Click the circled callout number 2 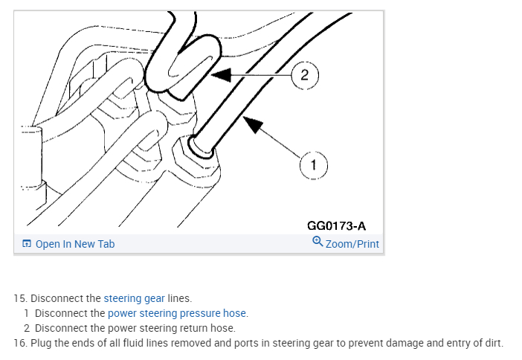pos(305,74)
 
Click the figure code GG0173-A pos(336,225)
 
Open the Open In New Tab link pos(75,244)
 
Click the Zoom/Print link pos(352,244)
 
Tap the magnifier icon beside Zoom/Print pos(318,243)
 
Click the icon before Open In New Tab pos(27,244)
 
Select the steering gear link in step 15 pos(134,298)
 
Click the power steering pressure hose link pos(177,313)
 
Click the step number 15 pos(20,298)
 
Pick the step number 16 pos(20,343)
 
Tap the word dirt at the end pos(492,343)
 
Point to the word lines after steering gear pos(179,298)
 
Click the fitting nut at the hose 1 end pos(202,147)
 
